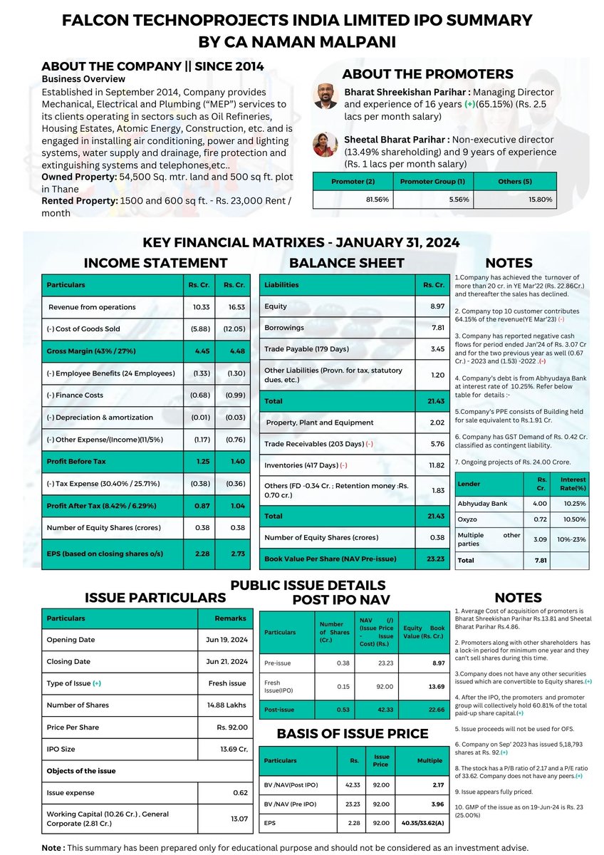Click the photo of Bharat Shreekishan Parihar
click(x=326, y=96)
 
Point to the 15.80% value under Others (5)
click(x=538, y=199)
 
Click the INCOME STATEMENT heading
click(x=156, y=263)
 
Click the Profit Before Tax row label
click(x=76, y=462)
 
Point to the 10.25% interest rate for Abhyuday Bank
click(x=575, y=503)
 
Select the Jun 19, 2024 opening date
click(x=227, y=640)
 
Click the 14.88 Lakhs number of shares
click(x=224, y=705)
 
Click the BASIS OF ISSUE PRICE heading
click(x=353, y=734)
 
